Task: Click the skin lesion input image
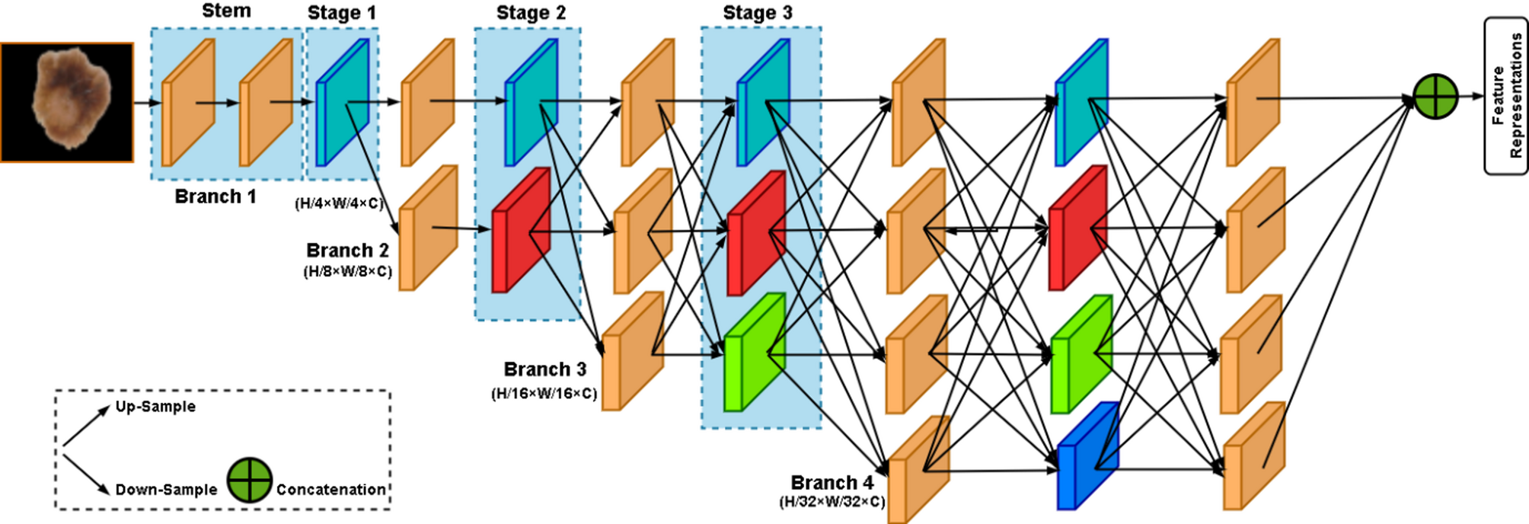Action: [67, 102]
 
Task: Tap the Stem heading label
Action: [226, 11]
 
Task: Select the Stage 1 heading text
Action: [342, 13]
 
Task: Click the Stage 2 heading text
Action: [531, 13]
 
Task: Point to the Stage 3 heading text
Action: [758, 13]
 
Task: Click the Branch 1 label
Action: [215, 196]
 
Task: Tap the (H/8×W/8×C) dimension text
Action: [348, 271]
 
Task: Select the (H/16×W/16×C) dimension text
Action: [544, 394]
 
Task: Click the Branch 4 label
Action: [832, 483]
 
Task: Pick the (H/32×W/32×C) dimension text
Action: [832, 502]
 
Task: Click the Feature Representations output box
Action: [1506, 96]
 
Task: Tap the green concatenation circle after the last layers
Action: [1435, 97]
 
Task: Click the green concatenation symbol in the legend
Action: [250, 480]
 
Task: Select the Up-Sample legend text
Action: [155, 407]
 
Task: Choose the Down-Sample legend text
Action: [166, 490]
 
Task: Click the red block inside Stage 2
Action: [521, 230]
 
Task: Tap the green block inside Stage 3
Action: [754, 352]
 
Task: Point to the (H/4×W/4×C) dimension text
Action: [339, 203]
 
